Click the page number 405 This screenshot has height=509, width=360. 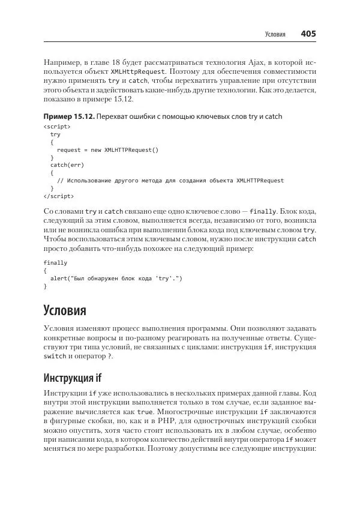[308, 34]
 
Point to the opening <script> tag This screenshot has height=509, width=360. [57, 127]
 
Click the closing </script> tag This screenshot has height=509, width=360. [59, 196]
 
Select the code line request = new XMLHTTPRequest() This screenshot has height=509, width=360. [107, 149]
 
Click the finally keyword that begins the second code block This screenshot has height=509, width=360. [55, 263]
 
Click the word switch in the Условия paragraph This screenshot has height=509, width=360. [55, 357]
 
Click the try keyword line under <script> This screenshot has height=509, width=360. [55, 134]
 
